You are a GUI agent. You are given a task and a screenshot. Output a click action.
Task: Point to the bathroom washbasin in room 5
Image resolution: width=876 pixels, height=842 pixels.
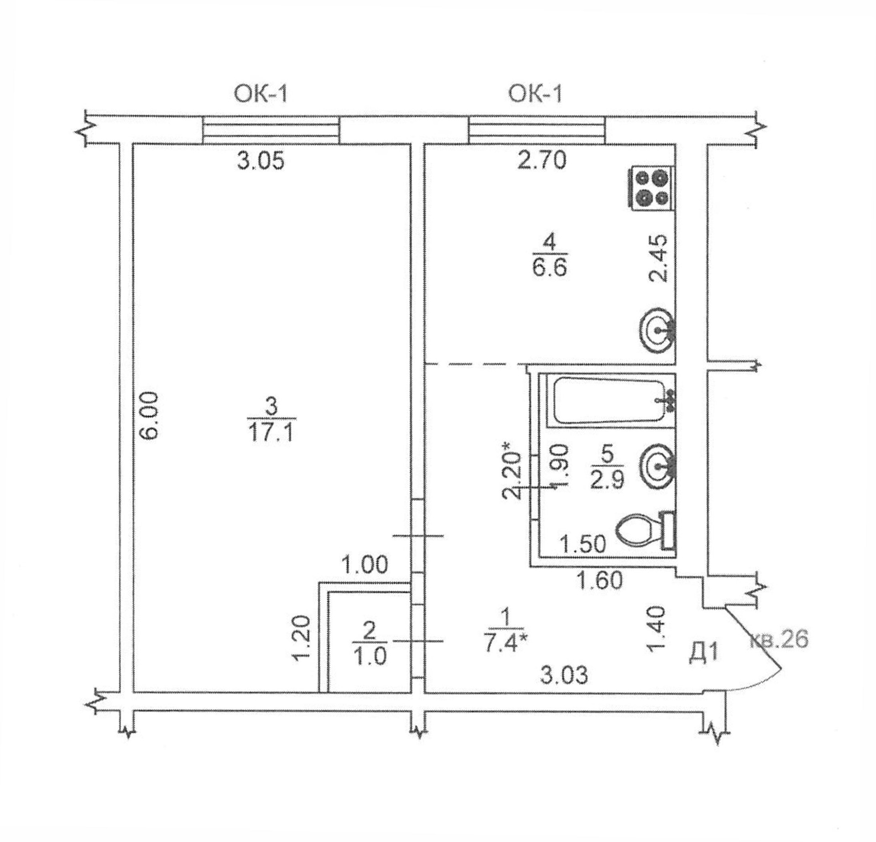tap(657, 467)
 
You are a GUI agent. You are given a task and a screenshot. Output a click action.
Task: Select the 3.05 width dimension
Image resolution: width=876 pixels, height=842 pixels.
tap(261, 161)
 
